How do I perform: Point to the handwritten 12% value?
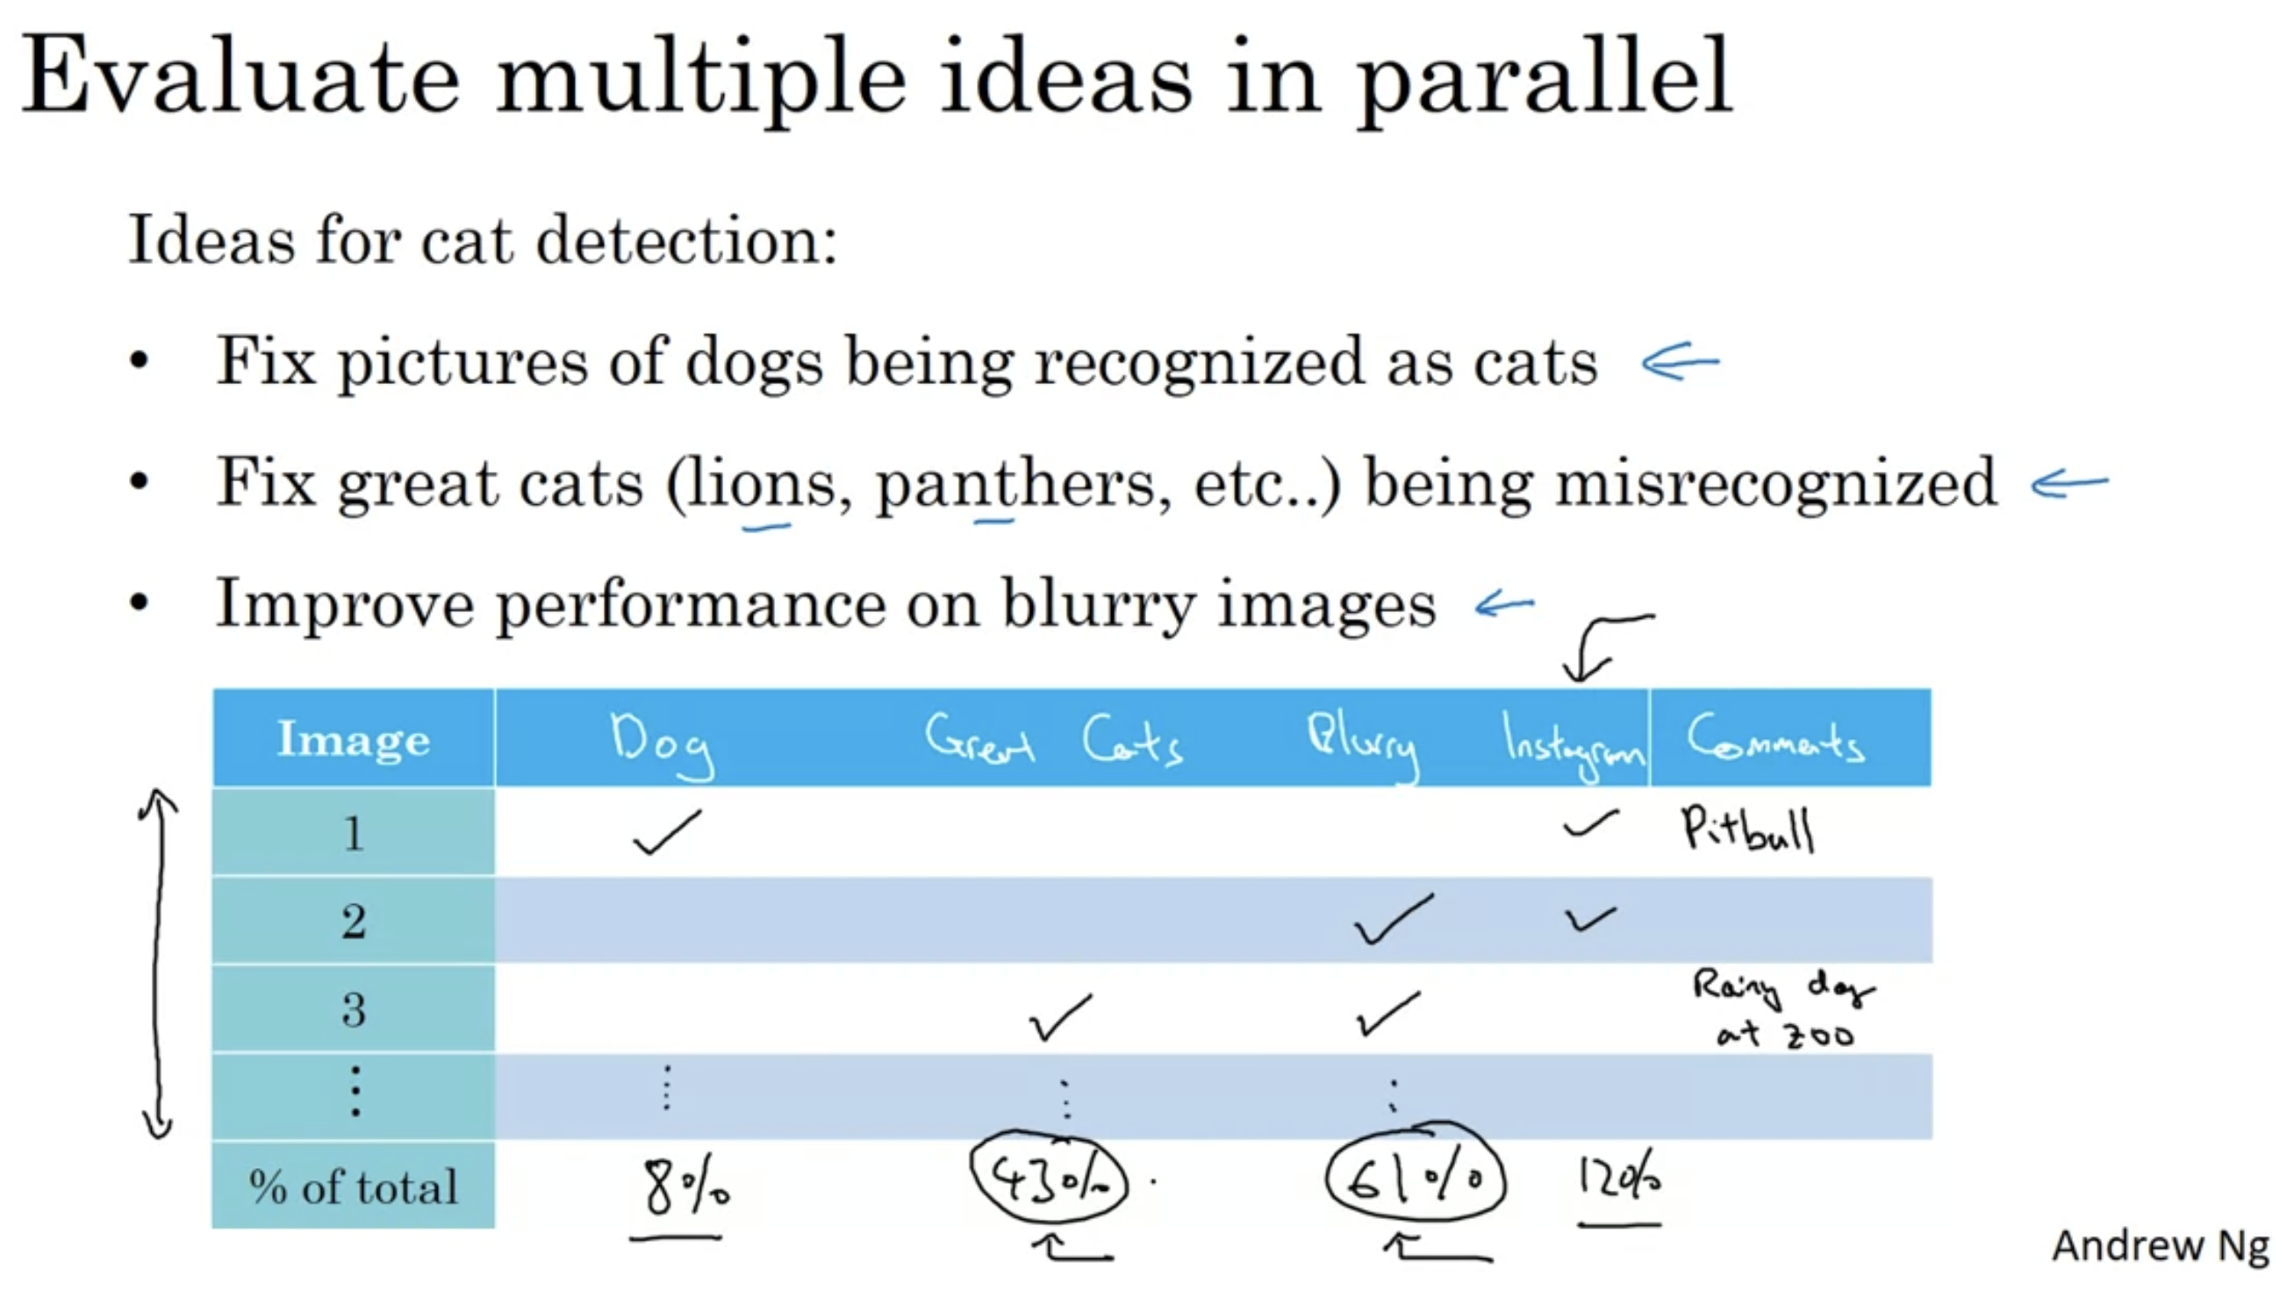click(x=1618, y=1179)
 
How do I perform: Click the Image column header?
click(x=354, y=739)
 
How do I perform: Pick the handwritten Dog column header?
click(x=662, y=745)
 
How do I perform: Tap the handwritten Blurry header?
click(x=1362, y=744)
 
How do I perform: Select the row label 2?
click(x=354, y=922)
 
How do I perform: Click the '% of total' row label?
click(x=354, y=1186)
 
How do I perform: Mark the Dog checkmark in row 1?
click(x=667, y=833)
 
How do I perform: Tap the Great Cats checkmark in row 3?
click(x=1059, y=1016)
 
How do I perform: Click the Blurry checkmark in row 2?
click(x=1393, y=920)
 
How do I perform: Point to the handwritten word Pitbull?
click(x=1747, y=830)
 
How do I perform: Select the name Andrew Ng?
click(x=2161, y=1246)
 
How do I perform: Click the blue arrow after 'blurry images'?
click(x=1504, y=605)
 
